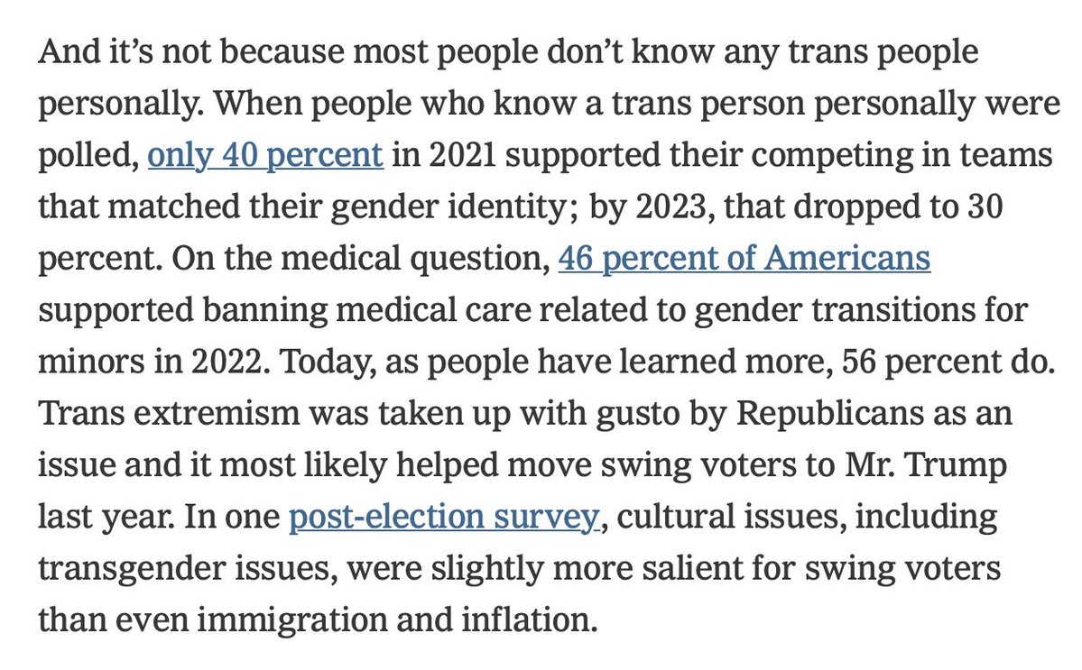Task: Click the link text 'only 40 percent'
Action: point(265,155)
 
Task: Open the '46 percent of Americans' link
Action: point(744,259)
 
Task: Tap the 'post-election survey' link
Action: point(443,519)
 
